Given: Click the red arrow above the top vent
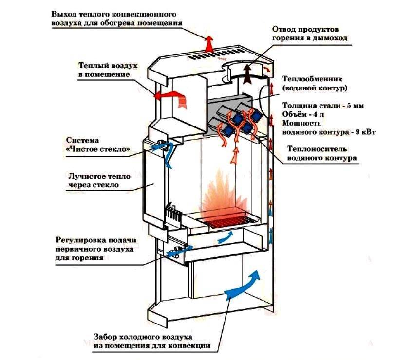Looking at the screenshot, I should pyautogui.click(x=209, y=43).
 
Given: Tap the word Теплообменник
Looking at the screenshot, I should pyautogui.click(x=307, y=78).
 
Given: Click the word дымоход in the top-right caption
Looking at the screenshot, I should pyautogui.click(x=331, y=38).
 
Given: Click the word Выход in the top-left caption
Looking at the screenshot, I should pyautogui.click(x=66, y=13).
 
